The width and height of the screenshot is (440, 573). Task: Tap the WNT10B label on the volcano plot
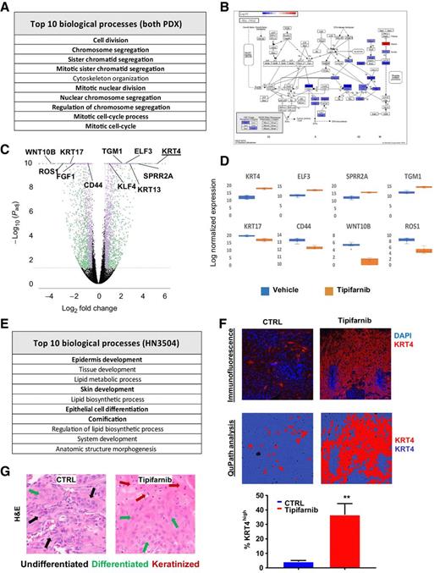pyautogui.click(x=25, y=152)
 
